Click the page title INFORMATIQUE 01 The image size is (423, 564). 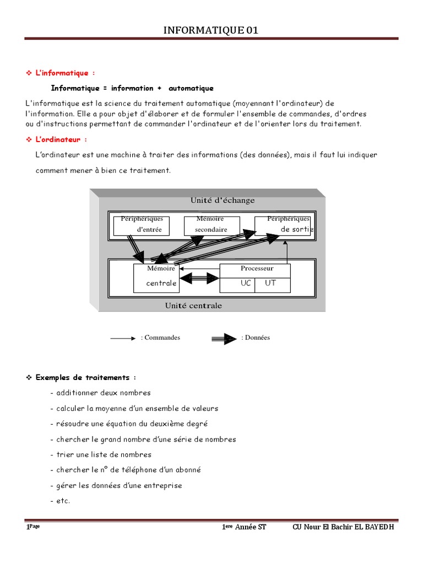[x=211, y=30]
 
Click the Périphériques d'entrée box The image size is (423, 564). [x=142, y=225]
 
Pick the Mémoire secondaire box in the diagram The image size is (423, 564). [x=211, y=225]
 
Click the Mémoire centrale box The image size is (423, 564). [x=157, y=278]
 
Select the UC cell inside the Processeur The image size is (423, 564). [x=245, y=283]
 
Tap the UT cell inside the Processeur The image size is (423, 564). [x=270, y=283]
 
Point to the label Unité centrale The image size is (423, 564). [x=193, y=305]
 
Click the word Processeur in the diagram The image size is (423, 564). [x=257, y=269]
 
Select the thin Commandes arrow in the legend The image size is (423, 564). [x=123, y=338]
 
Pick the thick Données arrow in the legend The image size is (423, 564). [x=224, y=339]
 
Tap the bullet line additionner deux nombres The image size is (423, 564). [x=100, y=393]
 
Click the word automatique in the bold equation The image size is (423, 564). [x=191, y=88]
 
